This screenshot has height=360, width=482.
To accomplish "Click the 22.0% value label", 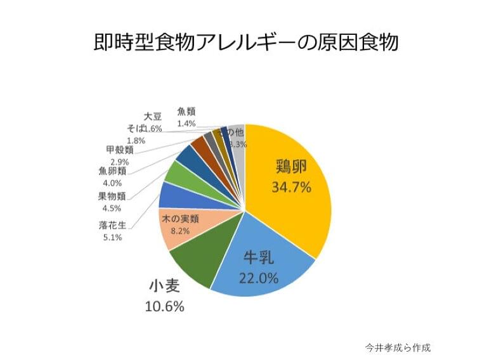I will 259,278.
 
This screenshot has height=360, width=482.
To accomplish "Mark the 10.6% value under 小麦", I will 166,307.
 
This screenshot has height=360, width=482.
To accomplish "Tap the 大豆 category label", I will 152,117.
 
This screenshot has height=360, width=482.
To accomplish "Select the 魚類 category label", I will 186,112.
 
